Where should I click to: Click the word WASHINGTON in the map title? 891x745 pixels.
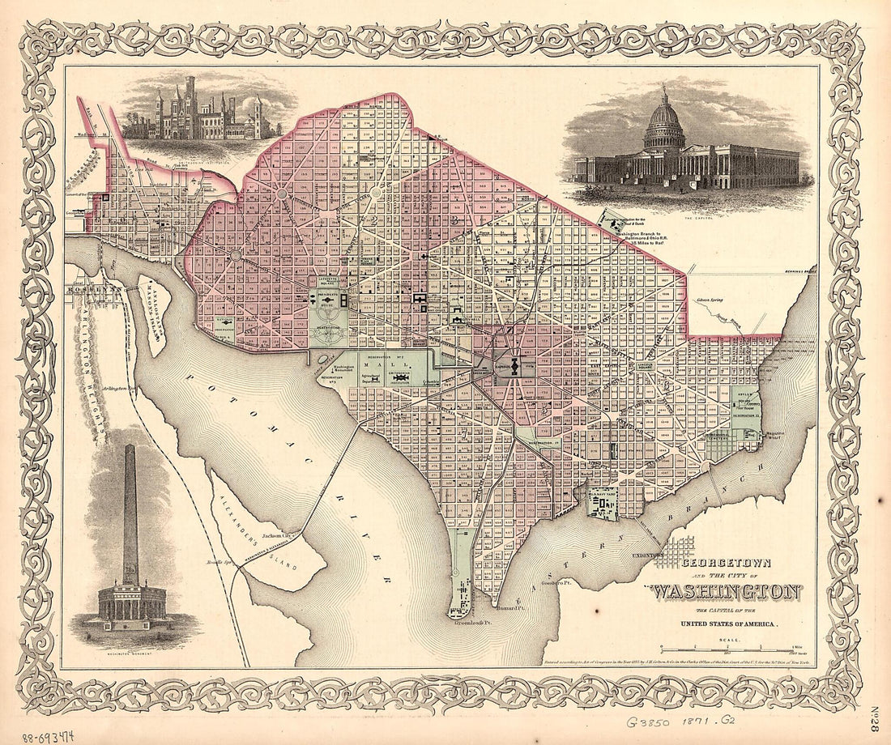coord(727,591)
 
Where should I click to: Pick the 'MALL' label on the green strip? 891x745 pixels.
coord(377,365)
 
